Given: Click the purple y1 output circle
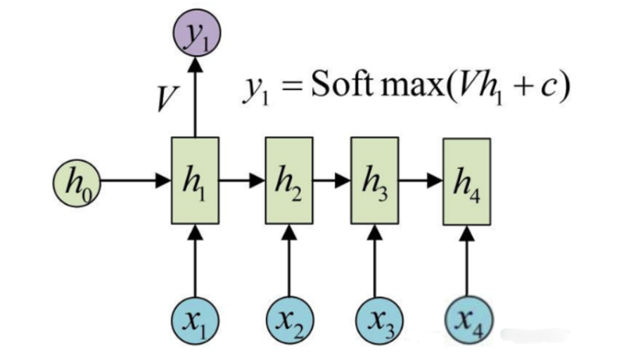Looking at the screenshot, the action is (197, 33).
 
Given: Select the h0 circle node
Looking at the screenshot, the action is (77, 183).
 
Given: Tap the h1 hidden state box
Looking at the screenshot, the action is (196, 181).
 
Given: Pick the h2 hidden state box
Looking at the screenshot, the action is (289, 181).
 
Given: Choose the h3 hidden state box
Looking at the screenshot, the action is (375, 181).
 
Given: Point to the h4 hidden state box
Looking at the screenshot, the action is (466, 181).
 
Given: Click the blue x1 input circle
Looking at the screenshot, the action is (196, 321).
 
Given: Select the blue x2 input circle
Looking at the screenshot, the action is (290, 321).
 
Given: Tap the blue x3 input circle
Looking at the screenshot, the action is (380, 321).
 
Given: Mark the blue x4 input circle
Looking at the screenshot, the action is (468, 320).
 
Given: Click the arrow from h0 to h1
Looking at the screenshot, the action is (136, 180).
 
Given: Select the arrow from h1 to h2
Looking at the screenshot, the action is (242, 180).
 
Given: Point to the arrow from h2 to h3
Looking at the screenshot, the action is (332, 180).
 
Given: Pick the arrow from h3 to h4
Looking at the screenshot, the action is (421, 180).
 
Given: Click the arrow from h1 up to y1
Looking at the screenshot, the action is (196, 97).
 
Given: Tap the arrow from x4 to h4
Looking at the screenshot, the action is (466, 261).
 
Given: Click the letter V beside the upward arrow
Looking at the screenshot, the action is (167, 99).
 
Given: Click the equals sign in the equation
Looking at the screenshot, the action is (291, 86).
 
